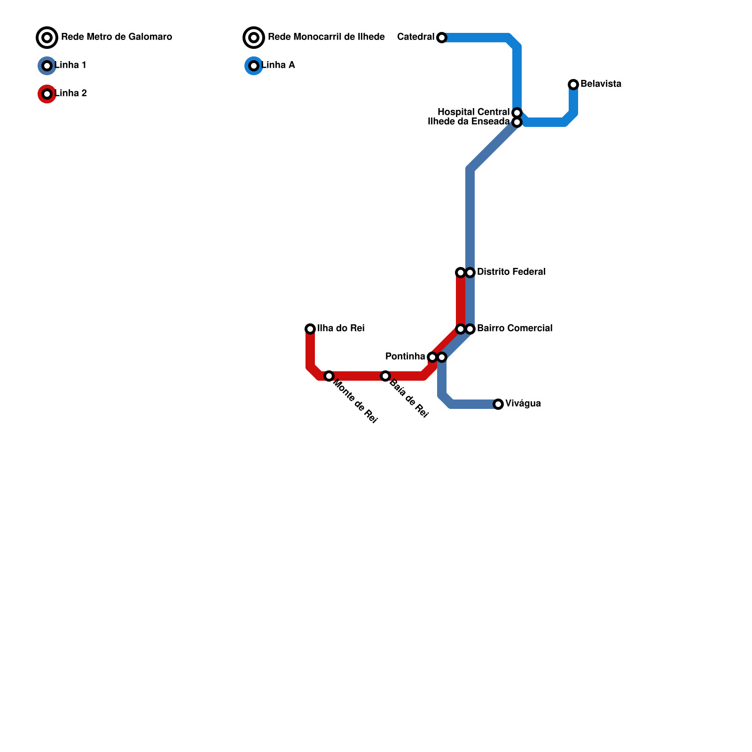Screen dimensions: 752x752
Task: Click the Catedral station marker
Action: point(442,38)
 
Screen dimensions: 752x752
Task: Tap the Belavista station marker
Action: point(573,85)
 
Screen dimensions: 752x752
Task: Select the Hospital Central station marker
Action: point(517,113)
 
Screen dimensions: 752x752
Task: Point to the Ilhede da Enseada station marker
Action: point(517,122)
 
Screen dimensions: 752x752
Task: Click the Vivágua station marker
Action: point(498,404)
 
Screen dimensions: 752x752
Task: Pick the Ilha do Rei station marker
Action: point(310,329)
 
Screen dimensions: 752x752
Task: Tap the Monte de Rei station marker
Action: point(329,376)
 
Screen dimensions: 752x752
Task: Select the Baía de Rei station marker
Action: point(385,376)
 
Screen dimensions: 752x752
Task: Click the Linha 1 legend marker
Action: point(47,66)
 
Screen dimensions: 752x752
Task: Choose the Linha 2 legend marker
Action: point(47,94)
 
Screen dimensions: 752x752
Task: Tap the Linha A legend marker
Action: point(254,66)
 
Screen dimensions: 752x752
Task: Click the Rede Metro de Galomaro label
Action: point(117,37)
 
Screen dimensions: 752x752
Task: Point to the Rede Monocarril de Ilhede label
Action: point(326,37)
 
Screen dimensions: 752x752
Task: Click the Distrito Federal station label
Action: point(511,272)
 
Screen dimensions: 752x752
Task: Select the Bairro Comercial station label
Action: point(515,329)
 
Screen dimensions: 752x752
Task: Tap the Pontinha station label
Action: point(405,357)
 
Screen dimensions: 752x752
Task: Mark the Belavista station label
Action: point(601,84)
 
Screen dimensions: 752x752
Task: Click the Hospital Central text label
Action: point(473,112)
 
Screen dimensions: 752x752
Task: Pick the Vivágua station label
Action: point(523,404)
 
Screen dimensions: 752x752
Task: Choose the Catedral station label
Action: point(415,37)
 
